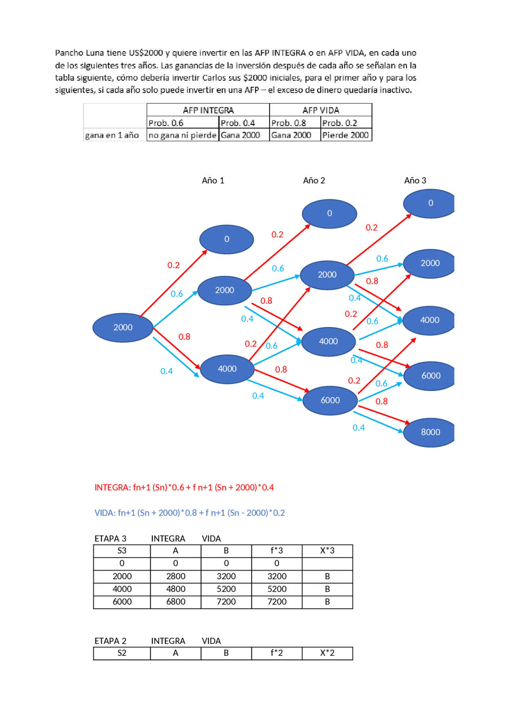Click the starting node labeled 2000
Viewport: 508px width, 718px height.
point(123,327)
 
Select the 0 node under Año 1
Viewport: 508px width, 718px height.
point(227,239)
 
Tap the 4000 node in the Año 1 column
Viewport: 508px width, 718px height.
point(227,369)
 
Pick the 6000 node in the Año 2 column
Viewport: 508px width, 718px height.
point(330,400)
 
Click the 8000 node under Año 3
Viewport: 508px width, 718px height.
point(430,432)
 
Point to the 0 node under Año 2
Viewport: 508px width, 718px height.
point(329,214)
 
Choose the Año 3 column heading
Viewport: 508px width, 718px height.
point(415,181)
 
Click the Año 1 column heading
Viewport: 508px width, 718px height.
point(213,181)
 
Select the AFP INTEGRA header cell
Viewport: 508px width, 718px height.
point(208,110)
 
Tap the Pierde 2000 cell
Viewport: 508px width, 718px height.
point(346,135)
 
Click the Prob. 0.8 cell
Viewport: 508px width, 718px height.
point(289,123)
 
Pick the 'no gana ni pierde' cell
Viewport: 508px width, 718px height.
point(183,135)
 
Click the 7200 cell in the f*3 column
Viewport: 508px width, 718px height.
point(277,602)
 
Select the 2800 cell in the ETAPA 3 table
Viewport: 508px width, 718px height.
point(176,576)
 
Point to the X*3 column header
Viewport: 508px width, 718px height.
point(327,551)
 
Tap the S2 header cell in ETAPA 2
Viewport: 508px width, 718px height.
point(122,653)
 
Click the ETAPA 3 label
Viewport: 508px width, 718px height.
point(110,538)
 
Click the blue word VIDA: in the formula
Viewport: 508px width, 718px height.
point(105,513)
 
